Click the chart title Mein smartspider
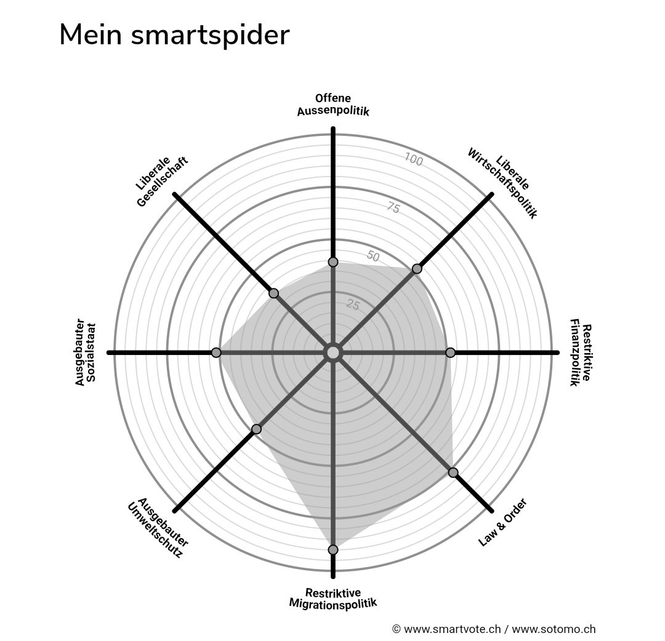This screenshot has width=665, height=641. pyautogui.click(x=174, y=35)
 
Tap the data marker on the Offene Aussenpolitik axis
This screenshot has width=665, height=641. pyautogui.click(x=333, y=262)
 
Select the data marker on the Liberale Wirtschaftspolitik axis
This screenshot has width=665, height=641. pyautogui.click(x=417, y=268)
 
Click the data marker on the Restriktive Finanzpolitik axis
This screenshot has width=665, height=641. pyautogui.click(x=450, y=352)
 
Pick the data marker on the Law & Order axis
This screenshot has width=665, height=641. pyautogui.click(x=453, y=472)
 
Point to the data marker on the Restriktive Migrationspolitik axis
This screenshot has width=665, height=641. pyautogui.click(x=333, y=549)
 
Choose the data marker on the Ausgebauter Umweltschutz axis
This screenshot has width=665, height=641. pyautogui.click(x=257, y=429)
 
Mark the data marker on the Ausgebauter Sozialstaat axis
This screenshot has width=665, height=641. pyautogui.click(x=216, y=352)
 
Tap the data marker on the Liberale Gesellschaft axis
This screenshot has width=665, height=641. pyautogui.click(x=274, y=293)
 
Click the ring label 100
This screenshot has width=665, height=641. pyautogui.click(x=414, y=160)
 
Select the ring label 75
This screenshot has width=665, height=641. pyautogui.click(x=393, y=208)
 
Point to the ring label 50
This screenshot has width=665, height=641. pyautogui.click(x=373, y=256)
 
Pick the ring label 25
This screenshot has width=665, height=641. pyautogui.click(x=353, y=304)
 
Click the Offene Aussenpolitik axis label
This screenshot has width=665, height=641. pyautogui.click(x=333, y=105)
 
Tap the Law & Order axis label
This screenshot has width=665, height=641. pyautogui.click(x=503, y=522)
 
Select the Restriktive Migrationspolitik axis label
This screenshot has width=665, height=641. pyautogui.click(x=333, y=597)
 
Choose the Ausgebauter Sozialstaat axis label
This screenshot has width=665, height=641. pyautogui.click(x=86, y=352)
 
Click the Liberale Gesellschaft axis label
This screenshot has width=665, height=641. pyautogui.click(x=162, y=182)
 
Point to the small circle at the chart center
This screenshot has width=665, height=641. pyautogui.click(x=333, y=352)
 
